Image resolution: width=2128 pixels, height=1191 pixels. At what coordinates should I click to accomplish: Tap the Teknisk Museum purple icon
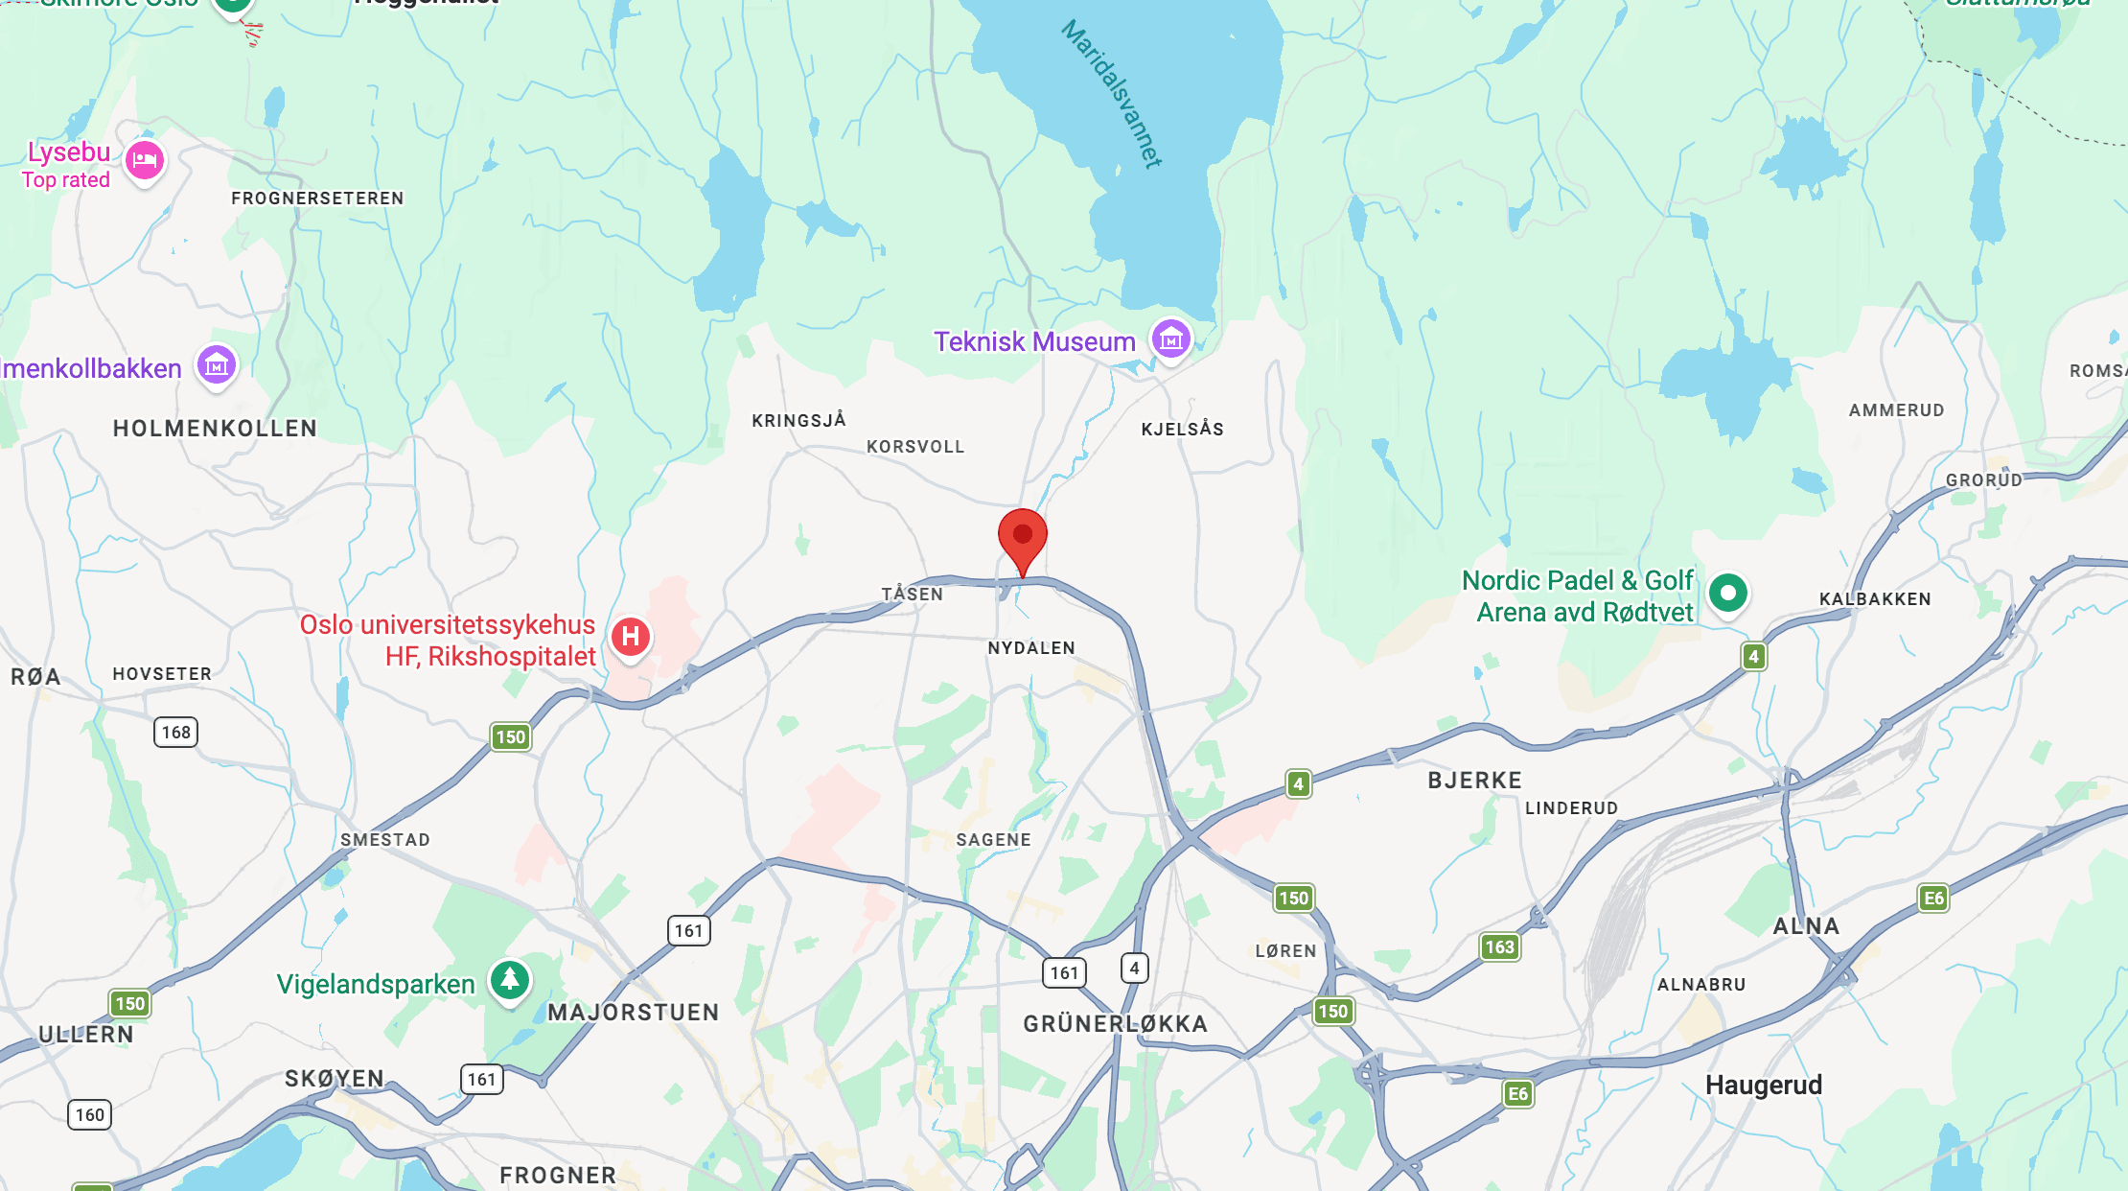(1170, 339)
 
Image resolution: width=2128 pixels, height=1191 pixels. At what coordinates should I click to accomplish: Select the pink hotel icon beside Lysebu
(145, 160)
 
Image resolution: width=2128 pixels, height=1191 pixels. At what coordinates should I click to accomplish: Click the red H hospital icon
(631, 637)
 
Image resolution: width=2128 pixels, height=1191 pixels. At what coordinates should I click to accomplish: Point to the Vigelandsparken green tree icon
(510, 980)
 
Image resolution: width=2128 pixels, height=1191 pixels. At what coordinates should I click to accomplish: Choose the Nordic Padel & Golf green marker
(1728, 594)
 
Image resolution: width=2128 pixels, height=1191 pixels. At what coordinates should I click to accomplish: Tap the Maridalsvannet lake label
(1112, 94)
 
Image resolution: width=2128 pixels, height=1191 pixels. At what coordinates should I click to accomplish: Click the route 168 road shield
(175, 733)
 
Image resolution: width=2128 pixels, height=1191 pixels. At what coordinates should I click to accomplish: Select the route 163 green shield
(1499, 947)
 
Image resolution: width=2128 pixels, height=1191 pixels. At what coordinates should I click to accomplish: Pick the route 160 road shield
(90, 1114)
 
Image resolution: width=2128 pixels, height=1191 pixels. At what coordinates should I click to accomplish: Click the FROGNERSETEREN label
(317, 198)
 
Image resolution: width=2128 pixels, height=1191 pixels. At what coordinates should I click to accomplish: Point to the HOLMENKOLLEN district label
(215, 429)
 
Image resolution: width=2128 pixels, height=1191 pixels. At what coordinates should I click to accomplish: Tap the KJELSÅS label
(1182, 429)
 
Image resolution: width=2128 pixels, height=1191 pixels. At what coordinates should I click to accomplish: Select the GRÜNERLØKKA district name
(1115, 1024)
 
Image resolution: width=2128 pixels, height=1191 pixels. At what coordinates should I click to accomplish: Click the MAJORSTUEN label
(633, 1013)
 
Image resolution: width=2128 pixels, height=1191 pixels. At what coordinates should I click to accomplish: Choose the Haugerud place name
(1763, 1086)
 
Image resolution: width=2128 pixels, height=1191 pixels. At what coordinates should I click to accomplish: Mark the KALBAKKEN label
(1875, 599)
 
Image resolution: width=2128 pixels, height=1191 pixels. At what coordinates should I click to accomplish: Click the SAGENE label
(993, 840)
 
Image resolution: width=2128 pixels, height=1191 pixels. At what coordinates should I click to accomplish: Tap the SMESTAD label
(385, 840)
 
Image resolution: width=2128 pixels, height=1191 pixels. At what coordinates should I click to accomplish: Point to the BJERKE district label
(1474, 781)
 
